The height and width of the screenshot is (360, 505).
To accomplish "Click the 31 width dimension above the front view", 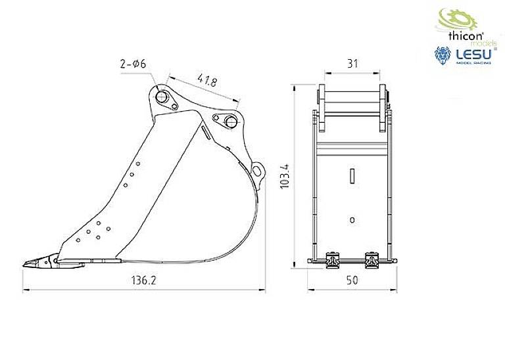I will [x=352, y=63].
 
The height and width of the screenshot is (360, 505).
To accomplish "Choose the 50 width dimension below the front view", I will [x=352, y=281].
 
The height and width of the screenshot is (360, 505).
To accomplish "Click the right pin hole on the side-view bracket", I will [x=229, y=122].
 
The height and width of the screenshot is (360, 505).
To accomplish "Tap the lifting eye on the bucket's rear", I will [x=258, y=169].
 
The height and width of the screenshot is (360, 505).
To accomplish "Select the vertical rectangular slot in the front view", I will [x=352, y=175].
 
